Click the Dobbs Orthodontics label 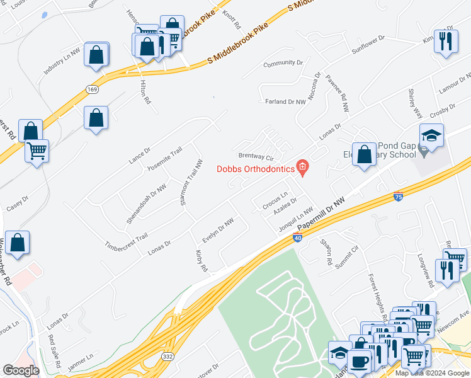pos(256,168)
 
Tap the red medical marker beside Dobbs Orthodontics pos(303,167)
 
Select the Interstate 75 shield pos(398,197)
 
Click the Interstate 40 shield pos(297,238)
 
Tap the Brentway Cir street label pos(255,156)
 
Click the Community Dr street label pos(283,63)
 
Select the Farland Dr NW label pos(285,101)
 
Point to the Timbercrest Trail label pos(126,240)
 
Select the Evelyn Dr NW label pos(218,231)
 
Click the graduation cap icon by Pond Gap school pos(432,136)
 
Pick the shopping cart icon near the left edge pos(37,151)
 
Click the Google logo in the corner pos(21,370)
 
